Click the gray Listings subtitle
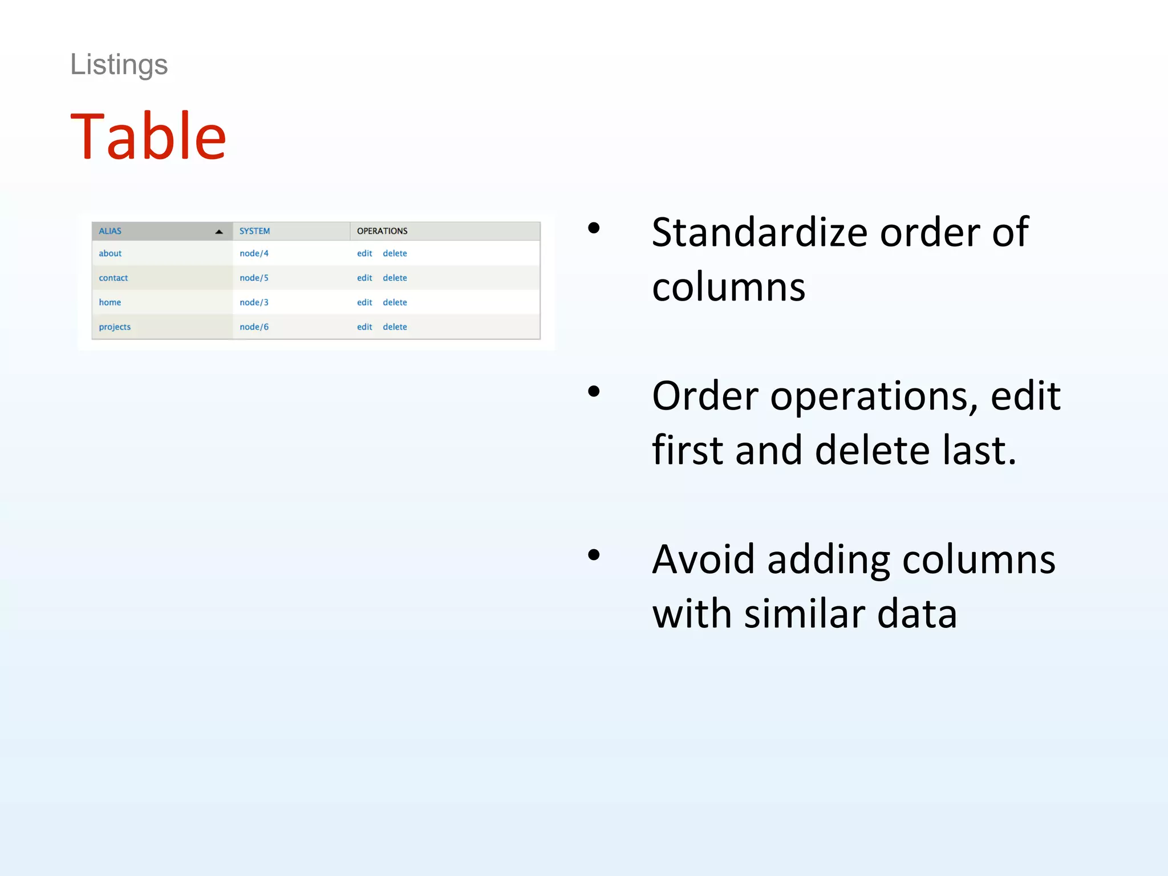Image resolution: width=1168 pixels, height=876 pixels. (x=119, y=64)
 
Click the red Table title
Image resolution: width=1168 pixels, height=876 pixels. (x=148, y=136)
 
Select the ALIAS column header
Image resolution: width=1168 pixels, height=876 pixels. (x=110, y=231)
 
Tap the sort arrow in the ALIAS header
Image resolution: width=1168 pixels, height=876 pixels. (x=219, y=232)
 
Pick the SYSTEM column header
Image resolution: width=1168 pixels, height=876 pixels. (x=254, y=231)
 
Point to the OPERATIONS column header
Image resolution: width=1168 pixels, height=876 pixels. (x=382, y=231)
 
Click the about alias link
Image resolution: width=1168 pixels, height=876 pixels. (x=110, y=253)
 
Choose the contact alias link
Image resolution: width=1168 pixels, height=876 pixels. (x=113, y=278)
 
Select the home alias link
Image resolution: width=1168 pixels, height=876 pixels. (x=109, y=302)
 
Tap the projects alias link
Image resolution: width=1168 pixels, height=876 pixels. (x=115, y=327)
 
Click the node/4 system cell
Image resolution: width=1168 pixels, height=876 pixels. (x=254, y=253)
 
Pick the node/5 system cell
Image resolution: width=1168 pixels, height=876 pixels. (x=254, y=278)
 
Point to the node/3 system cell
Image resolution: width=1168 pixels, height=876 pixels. (x=254, y=302)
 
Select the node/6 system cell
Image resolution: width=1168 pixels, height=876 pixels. (x=254, y=327)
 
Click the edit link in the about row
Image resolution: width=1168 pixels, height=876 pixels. (x=364, y=253)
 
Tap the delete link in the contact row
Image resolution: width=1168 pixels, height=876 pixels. (x=395, y=278)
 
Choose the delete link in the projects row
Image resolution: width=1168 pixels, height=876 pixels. (x=395, y=327)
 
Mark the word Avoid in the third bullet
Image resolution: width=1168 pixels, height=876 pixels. (x=703, y=559)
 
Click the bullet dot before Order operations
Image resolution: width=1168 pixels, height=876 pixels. (x=594, y=391)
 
